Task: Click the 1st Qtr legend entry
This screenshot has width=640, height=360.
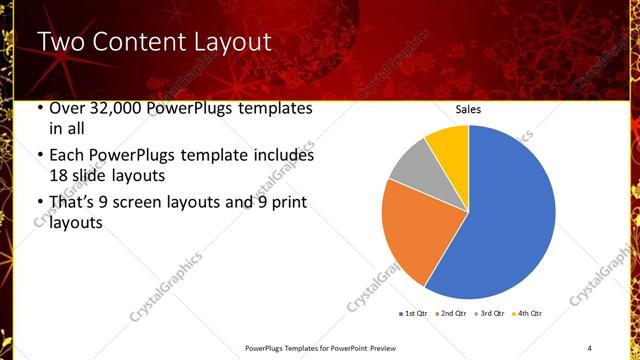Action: pyautogui.click(x=414, y=314)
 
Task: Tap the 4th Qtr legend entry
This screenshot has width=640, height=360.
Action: pyautogui.click(x=528, y=314)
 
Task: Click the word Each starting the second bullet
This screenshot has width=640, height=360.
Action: pyautogui.click(x=67, y=156)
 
